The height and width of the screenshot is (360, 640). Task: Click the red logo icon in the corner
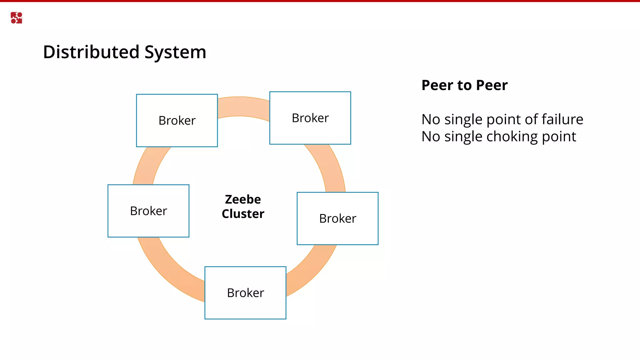16,18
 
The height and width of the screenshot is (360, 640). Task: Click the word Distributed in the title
91,52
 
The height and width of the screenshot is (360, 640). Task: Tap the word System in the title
175,52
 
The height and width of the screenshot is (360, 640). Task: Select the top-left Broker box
177,121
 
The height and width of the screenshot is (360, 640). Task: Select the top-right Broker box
310,118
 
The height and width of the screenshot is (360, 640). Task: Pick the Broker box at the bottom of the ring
245,293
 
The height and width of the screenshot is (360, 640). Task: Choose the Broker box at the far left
148,211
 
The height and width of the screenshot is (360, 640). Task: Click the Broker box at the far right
337,218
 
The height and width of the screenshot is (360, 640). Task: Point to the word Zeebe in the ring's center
243,199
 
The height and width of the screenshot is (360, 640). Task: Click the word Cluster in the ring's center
243,214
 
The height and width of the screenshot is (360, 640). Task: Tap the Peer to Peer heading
464,85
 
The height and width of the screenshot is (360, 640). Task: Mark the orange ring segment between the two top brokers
243,107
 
